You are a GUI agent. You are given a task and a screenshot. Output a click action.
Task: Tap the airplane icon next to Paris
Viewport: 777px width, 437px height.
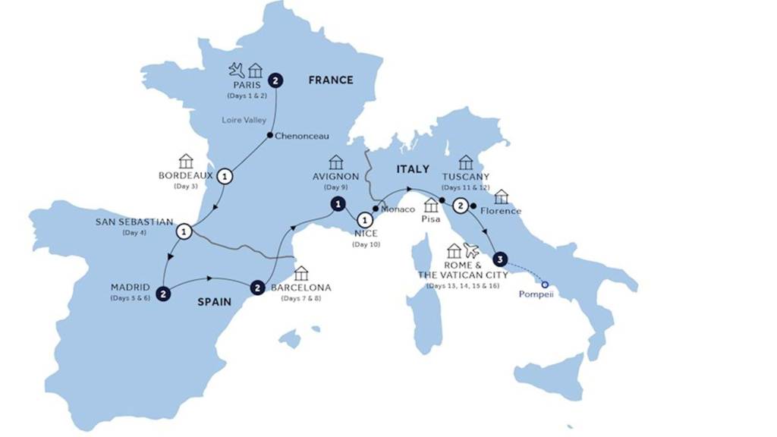tap(238, 71)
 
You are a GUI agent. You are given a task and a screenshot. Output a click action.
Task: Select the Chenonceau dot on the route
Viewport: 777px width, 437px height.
tap(269, 137)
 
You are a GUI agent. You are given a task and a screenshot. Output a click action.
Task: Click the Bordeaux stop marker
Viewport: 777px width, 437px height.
tap(225, 176)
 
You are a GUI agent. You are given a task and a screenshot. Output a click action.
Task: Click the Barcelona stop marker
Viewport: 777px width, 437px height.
tap(259, 288)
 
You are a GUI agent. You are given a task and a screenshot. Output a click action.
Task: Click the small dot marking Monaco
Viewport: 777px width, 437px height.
tap(376, 209)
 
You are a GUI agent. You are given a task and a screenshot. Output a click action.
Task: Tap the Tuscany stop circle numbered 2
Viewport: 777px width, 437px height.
tap(459, 206)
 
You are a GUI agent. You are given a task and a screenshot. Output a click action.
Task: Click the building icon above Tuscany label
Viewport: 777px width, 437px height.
tap(466, 162)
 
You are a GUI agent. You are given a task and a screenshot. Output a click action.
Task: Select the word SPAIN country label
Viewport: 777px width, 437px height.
tap(215, 301)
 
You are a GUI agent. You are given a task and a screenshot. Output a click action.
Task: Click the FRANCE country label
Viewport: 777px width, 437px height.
tap(330, 80)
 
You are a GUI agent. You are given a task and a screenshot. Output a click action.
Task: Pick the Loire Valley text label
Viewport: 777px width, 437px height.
tap(244, 120)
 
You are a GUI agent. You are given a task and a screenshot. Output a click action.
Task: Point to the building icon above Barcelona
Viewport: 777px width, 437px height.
tap(301, 273)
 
